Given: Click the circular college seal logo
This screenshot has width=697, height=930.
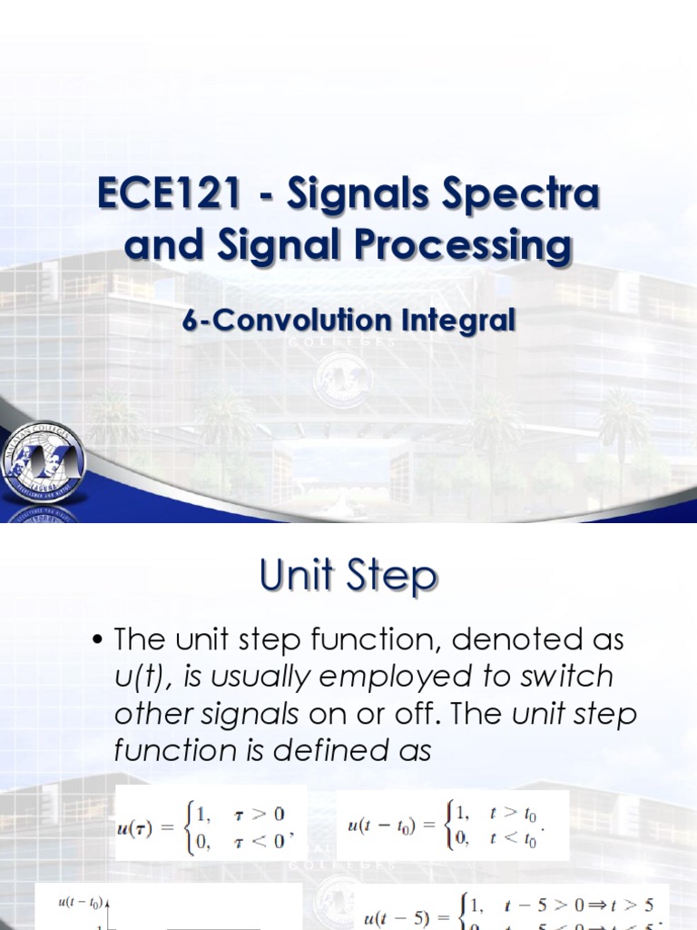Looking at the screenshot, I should [43, 463].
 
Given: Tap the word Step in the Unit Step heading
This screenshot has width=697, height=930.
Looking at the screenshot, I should [396, 575].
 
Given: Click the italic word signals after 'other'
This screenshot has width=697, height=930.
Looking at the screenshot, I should [254, 714].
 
